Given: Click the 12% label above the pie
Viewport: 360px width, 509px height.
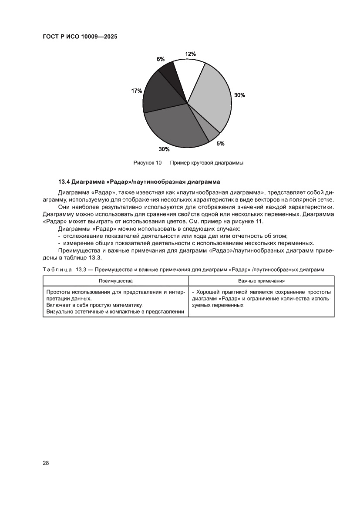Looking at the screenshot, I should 190,54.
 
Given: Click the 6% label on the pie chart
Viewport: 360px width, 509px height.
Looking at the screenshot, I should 161,59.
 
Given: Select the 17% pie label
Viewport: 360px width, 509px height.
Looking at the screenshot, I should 136,91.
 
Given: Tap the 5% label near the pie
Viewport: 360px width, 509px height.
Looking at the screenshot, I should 221,143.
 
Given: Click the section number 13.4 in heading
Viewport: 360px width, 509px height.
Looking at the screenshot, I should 64,181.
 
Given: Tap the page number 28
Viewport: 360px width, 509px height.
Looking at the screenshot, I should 46,462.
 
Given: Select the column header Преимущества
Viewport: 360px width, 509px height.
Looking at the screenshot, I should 115,281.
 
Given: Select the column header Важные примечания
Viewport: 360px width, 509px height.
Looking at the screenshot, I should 261,281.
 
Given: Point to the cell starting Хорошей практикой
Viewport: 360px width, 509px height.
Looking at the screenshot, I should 261,298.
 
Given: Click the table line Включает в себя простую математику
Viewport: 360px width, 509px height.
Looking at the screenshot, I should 94,305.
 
